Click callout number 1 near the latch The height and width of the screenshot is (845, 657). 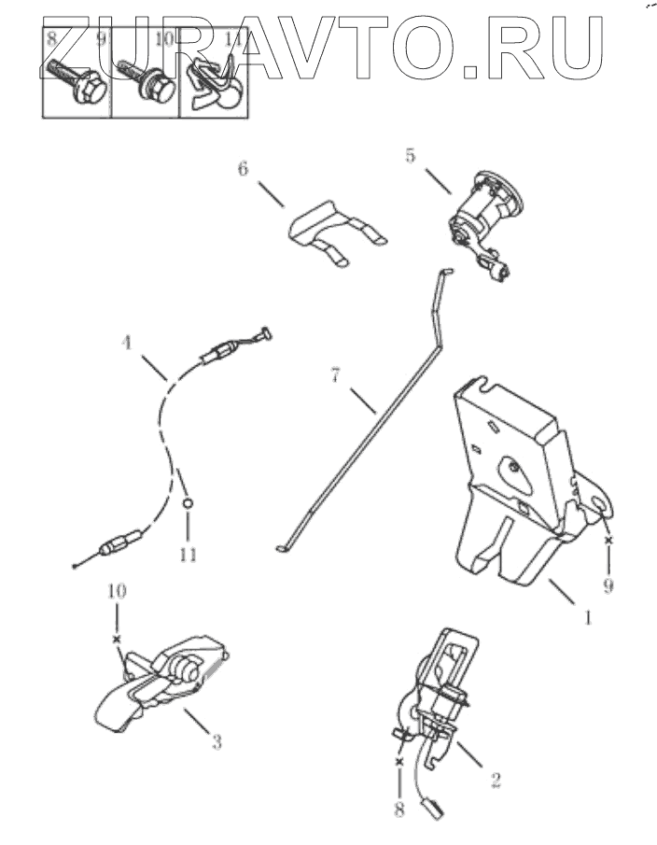click(x=587, y=617)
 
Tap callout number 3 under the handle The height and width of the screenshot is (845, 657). click(x=216, y=743)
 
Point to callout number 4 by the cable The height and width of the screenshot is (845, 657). click(x=126, y=342)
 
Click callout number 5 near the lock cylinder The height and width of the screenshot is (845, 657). click(x=410, y=156)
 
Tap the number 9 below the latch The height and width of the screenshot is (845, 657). click(x=609, y=587)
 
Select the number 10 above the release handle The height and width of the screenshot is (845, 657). click(x=116, y=592)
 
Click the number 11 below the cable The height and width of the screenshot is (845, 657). click(x=188, y=554)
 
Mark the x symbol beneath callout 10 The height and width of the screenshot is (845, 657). click(x=116, y=639)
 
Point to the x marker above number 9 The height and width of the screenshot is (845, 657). click(x=608, y=541)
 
